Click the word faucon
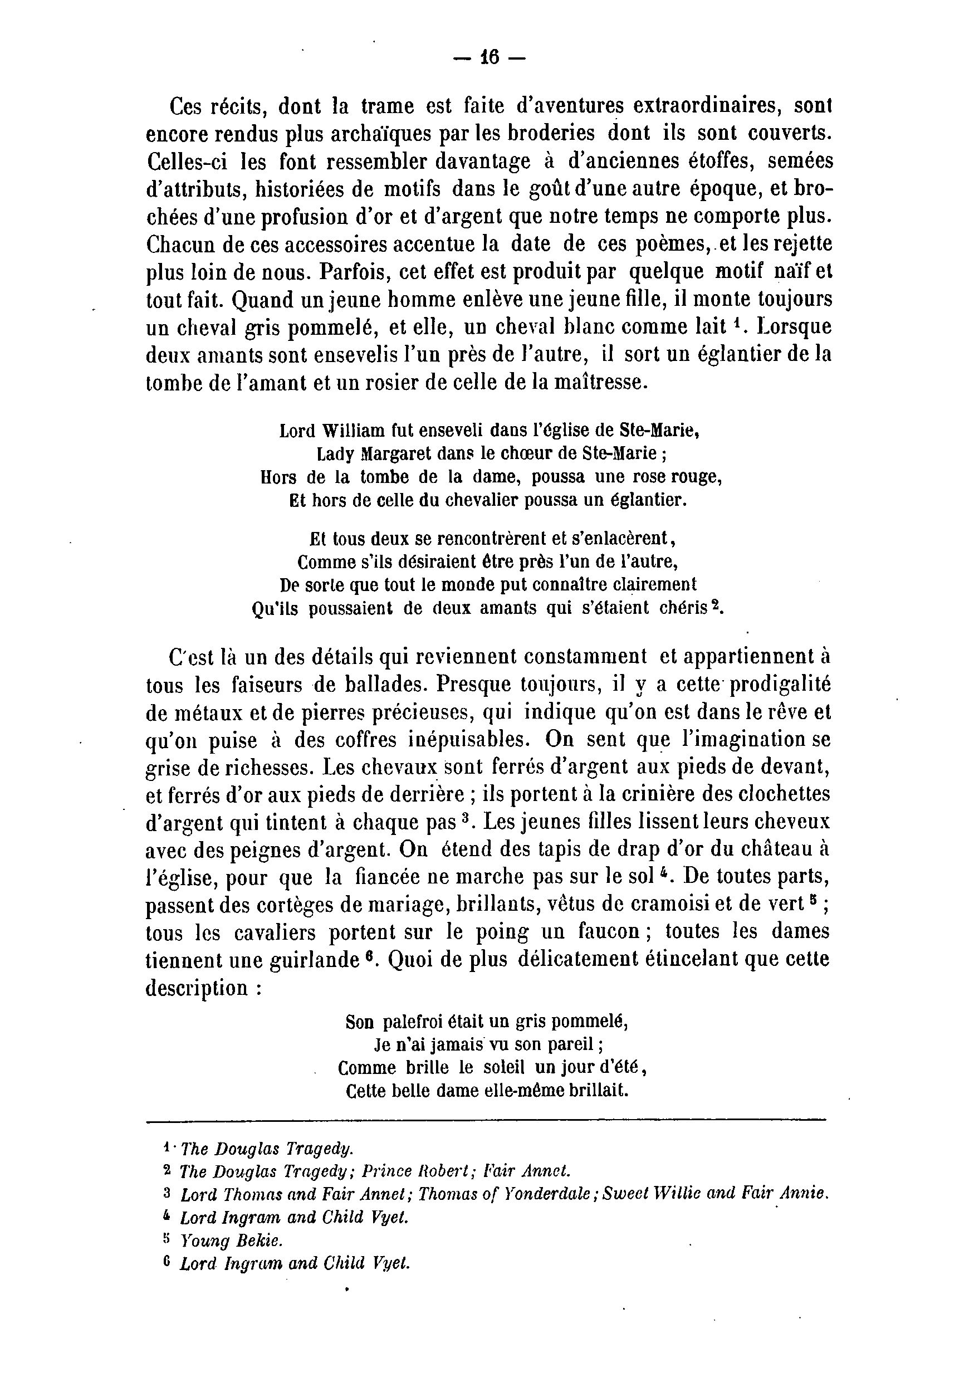coord(609,932)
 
